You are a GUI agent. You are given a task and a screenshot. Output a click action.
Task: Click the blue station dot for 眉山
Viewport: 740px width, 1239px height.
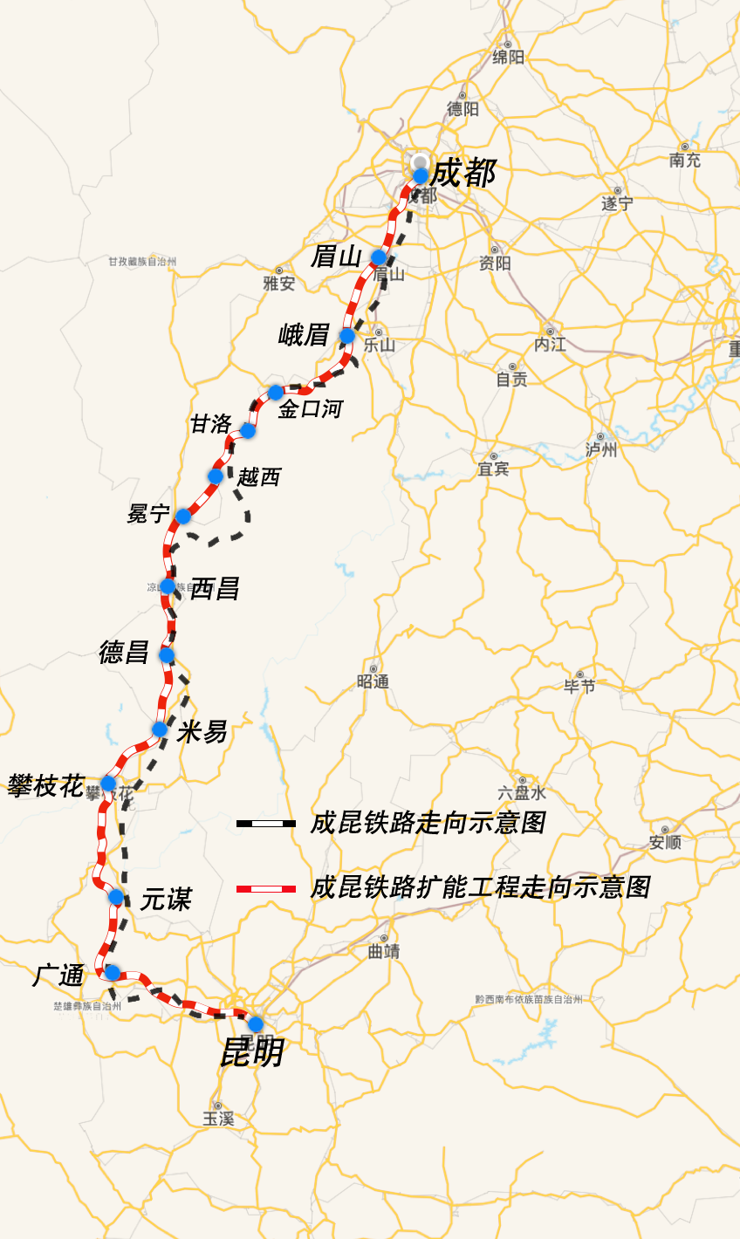[x=379, y=257]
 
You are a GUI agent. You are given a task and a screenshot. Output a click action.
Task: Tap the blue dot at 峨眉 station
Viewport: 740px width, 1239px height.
[x=347, y=336]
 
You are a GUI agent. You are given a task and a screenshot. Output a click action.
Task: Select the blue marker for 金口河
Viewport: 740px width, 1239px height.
[x=276, y=393]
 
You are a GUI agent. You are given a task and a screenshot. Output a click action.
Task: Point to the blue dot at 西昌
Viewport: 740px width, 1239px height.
[x=168, y=586]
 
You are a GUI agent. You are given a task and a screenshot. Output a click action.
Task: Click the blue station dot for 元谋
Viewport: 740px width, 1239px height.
[x=116, y=897]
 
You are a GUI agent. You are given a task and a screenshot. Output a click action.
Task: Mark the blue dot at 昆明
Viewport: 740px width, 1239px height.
[x=256, y=1023]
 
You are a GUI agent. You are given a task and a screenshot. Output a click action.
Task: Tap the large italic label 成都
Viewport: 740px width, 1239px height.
[x=462, y=174]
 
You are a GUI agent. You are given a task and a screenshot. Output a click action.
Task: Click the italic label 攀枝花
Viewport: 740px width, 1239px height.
[x=45, y=786]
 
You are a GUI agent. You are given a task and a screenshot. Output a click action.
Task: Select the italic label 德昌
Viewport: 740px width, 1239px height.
[x=124, y=652]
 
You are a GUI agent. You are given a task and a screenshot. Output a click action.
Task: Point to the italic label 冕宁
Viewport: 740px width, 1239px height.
[x=147, y=514]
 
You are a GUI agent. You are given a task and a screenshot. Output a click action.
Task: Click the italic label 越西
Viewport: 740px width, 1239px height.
[x=259, y=477]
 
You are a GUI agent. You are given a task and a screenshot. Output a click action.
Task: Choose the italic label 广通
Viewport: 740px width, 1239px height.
[x=58, y=975]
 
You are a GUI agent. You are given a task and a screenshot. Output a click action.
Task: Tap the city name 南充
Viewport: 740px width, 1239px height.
[x=685, y=160]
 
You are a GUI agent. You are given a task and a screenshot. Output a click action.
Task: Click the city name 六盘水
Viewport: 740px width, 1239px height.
[x=522, y=793]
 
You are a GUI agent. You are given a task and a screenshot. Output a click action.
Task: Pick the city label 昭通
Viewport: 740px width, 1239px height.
[x=373, y=681]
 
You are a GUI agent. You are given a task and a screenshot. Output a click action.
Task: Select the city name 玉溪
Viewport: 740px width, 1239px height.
[x=218, y=1118]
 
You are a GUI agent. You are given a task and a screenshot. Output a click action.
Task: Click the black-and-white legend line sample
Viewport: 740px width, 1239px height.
[x=266, y=823]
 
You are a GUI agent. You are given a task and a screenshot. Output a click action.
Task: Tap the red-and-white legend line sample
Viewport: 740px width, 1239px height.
[x=266, y=888]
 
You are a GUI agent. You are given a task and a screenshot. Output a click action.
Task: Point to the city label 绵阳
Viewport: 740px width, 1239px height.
[x=509, y=57]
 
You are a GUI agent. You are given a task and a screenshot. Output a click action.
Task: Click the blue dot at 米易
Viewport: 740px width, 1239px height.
[x=160, y=729]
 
